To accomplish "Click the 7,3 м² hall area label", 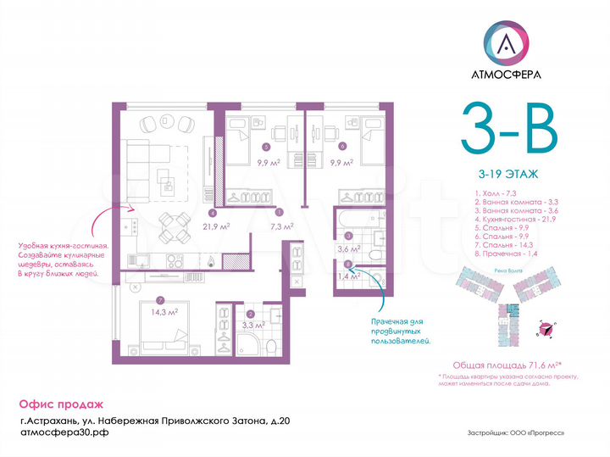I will (281, 226).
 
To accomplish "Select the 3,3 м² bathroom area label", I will (254, 323).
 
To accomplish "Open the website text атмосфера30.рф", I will (64, 432).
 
